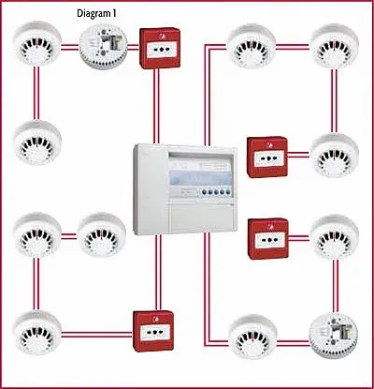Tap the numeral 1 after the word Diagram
114,13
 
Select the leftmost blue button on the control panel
204,192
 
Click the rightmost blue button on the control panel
228,191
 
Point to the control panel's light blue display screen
200,179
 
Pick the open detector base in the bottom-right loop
334,337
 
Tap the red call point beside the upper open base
160,48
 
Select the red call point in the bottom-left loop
153,331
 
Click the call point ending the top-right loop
267,157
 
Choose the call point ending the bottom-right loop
268,239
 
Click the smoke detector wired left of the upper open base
37,44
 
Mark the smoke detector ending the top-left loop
37,142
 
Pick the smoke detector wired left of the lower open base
252,337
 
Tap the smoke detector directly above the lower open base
335,237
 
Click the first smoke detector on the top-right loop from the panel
252,46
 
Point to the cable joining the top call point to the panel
156,106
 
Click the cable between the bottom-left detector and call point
97,335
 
